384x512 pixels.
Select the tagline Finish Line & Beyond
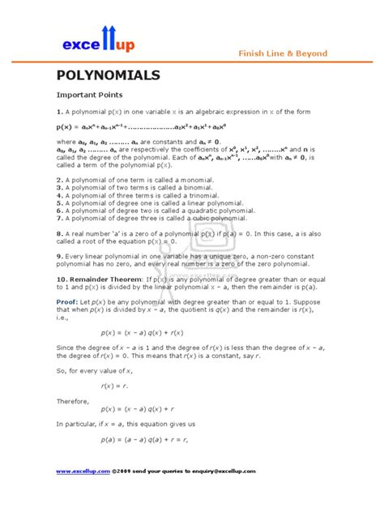coord(282,53)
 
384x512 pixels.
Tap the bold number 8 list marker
coord(59,233)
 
